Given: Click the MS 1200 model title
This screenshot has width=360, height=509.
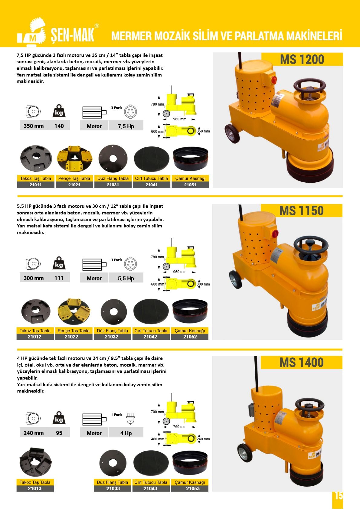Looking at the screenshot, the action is tap(302, 60).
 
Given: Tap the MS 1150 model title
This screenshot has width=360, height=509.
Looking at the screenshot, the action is tap(301, 210).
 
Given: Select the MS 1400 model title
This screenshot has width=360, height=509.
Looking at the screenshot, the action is tap(301, 362).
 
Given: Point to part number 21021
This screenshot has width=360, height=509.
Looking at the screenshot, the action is tap(74, 185).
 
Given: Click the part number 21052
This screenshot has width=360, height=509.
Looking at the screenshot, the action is tap(190, 337).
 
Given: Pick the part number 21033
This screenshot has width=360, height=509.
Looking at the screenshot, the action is tap(113, 488).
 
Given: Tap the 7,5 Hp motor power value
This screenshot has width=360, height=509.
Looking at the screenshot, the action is tap(126, 126).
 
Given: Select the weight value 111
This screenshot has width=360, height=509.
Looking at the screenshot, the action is tap(59, 278).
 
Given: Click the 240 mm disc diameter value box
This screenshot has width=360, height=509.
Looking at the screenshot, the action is tap(34, 433).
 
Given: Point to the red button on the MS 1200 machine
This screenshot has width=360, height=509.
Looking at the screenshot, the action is tap(274, 80).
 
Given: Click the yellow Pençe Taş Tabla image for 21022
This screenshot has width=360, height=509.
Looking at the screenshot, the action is tap(74, 312).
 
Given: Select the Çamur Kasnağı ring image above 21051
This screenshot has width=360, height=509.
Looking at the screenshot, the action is tap(191, 159).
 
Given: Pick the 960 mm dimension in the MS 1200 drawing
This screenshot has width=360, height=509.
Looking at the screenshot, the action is tap(179, 119).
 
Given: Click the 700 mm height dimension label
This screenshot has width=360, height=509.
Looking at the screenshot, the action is tap(157, 412).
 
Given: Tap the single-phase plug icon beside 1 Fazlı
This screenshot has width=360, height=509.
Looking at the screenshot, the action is tap(130, 418).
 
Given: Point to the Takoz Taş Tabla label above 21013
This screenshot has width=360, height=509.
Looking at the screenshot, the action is tap(35, 482).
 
